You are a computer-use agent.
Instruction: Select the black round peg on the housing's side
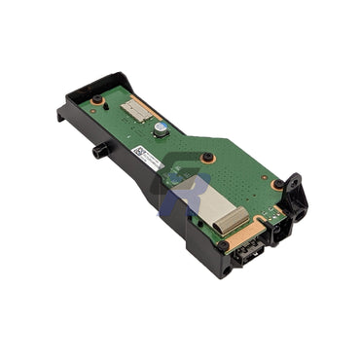coord(99,152)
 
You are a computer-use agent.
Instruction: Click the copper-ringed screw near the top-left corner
coord(97,101)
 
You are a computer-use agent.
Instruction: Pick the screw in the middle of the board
coord(207,157)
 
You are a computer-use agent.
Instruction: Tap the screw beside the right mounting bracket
coord(278,184)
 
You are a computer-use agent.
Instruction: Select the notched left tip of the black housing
coord(61,114)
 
